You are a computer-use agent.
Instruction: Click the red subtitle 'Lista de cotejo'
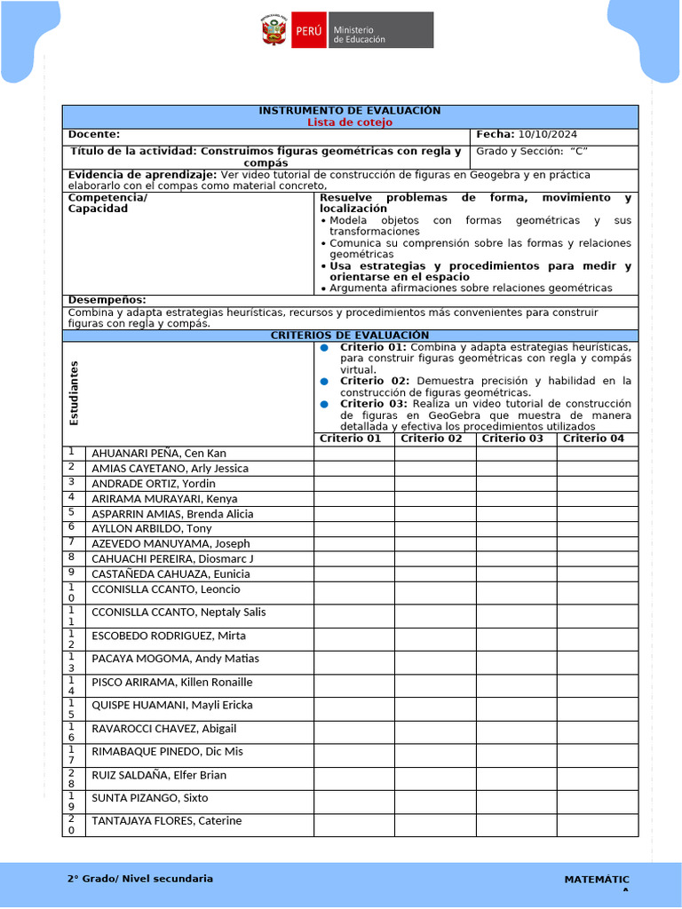tap(349, 122)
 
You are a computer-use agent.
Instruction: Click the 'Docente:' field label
tap(94, 134)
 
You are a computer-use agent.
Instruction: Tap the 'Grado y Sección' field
tap(532, 151)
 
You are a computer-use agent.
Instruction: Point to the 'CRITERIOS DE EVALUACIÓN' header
tap(349, 335)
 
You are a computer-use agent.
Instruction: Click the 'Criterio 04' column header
tap(593, 439)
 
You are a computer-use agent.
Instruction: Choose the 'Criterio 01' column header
tap(350, 439)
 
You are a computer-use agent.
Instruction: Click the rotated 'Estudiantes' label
tap(75, 392)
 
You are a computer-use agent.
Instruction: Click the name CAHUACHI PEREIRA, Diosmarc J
tap(172, 558)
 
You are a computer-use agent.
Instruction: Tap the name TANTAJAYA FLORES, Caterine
tap(166, 821)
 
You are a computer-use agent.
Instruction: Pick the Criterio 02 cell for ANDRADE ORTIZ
tap(435, 484)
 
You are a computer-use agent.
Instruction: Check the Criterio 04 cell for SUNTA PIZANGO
tap(597, 802)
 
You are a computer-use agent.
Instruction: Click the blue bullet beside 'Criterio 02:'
tap(325, 381)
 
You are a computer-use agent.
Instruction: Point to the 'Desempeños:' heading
tap(107, 300)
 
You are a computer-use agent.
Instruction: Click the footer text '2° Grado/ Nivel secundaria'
tap(140, 879)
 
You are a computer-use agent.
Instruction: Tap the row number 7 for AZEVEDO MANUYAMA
tap(70, 542)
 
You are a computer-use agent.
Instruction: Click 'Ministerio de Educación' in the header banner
tap(359, 35)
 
